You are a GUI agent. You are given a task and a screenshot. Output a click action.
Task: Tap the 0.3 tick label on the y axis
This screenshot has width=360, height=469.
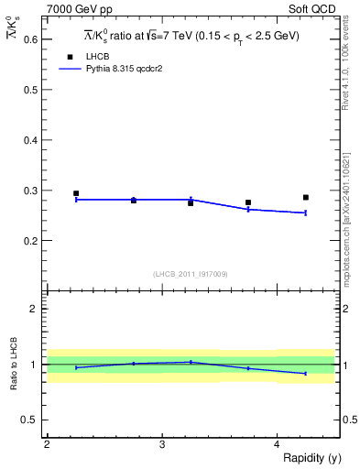click(29, 191)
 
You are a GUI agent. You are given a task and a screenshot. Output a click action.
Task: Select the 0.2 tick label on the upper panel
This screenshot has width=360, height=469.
click(29, 241)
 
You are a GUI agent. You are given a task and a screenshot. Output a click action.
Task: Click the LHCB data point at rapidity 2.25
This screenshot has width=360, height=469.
click(76, 193)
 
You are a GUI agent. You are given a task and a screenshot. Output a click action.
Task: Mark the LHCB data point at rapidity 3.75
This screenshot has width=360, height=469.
click(248, 202)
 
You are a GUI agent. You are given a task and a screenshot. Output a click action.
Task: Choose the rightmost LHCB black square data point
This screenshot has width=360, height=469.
click(306, 197)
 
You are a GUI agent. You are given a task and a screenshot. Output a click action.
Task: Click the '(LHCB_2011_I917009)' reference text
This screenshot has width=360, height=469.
click(191, 274)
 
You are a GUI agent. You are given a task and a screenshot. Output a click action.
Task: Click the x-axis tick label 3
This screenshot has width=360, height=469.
click(162, 443)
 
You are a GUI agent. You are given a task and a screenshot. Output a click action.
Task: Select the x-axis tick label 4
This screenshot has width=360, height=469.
click(277, 443)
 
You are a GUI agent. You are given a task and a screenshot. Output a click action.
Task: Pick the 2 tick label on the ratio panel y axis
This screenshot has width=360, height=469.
click(34, 309)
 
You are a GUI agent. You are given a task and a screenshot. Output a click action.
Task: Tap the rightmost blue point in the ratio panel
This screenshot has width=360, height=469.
click(306, 374)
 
